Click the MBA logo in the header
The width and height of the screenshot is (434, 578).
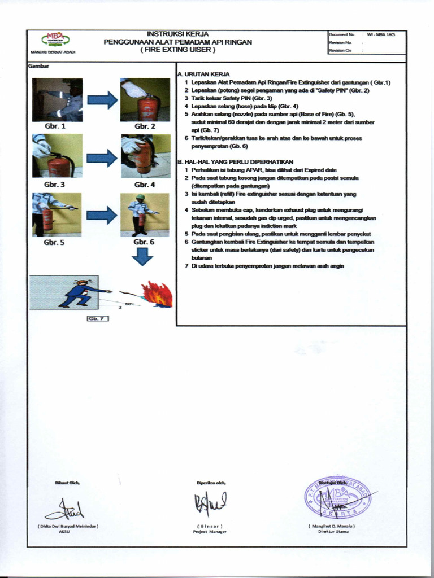coord(54,40)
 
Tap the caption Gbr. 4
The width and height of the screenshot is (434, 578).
coord(145,185)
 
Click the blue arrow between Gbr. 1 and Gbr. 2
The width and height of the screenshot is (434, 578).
coord(102,100)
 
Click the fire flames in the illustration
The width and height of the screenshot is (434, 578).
coord(157,295)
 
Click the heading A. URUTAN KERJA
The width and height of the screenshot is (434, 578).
coord(203,74)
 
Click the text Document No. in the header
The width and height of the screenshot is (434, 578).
coord(341,35)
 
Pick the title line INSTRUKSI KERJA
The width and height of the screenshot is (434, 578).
coord(177,34)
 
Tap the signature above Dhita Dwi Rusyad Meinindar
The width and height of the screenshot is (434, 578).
coord(66,510)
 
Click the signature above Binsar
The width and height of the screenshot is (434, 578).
coord(210,501)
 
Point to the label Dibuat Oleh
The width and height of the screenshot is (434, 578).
coord(67,482)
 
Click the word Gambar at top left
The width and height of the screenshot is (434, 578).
coord(38,66)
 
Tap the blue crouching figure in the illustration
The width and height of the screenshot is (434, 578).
coord(79,294)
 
